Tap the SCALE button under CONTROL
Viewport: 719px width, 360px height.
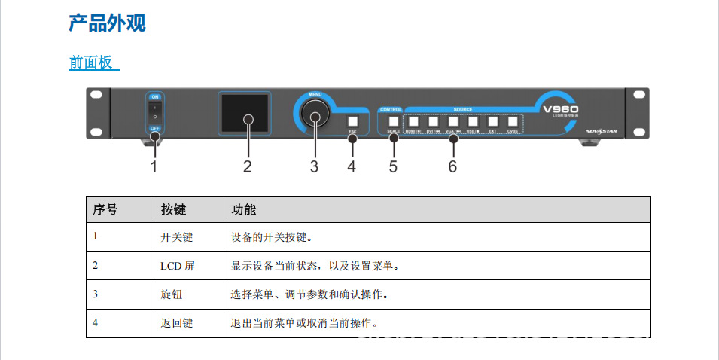click(x=393, y=121)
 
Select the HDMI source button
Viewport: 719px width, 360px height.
click(x=413, y=121)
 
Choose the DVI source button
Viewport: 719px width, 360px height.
click(x=433, y=121)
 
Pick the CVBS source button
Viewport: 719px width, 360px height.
click(x=513, y=121)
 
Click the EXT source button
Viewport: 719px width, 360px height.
click(x=492, y=121)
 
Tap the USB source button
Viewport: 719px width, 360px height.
click(x=473, y=121)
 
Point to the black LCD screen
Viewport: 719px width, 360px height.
click(x=243, y=114)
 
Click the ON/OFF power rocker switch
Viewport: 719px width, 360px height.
click(x=154, y=113)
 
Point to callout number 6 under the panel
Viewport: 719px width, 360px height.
click(x=452, y=166)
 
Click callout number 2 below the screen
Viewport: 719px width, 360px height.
click(x=247, y=166)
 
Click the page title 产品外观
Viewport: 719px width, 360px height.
click(x=107, y=23)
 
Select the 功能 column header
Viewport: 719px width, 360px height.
click(x=244, y=209)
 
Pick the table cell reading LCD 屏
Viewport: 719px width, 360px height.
click(x=178, y=266)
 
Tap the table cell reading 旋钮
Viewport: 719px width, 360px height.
click(x=172, y=294)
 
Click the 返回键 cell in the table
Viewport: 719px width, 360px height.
click(x=177, y=323)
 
